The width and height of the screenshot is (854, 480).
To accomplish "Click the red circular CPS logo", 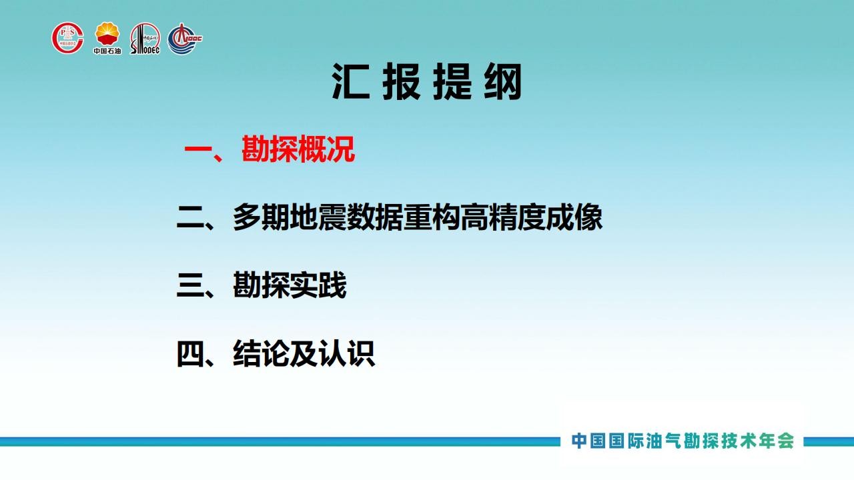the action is tap(67, 38).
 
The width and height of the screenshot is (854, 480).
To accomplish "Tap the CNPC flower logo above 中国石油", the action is tap(107, 34).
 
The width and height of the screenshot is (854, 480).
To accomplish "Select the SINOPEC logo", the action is tap(145, 39).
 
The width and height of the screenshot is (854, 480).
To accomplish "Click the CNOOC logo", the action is tap(185, 39).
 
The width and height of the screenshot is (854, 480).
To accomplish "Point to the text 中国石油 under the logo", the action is tap(107, 51).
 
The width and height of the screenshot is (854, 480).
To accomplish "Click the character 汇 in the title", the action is tap(351, 81).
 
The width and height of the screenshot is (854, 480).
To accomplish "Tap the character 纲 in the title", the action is tap(503, 81).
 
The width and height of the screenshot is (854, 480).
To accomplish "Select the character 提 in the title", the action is tap(452, 81).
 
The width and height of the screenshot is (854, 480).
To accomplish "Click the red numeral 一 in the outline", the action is tap(198, 149).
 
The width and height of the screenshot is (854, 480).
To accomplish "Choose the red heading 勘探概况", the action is tap(298, 149).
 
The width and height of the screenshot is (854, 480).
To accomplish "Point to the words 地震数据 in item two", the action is tap(346, 217).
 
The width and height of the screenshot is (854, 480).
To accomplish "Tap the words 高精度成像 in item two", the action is tap(532, 217).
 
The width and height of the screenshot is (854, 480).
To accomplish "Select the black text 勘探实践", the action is tap(290, 285).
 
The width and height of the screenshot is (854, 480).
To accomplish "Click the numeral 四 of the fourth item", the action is tap(191, 354).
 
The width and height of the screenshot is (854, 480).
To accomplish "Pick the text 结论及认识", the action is tap(304, 353).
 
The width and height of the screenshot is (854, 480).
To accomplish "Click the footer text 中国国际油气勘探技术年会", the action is tap(683, 441).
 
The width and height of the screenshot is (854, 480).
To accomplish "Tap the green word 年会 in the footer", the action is tap(776, 441).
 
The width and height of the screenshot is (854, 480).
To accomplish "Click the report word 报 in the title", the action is tap(402, 81).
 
